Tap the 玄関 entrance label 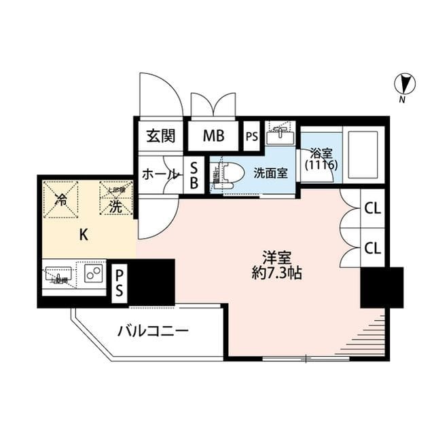click(161, 136)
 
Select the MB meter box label click(214, 136)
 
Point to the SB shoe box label click(194, 176)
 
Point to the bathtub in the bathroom click(362, 153)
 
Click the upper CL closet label click(372, 209)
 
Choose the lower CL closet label click(372, 248)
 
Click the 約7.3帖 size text click(276, 274)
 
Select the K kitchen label click(84, 235)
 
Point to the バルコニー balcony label click(153, 332)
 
